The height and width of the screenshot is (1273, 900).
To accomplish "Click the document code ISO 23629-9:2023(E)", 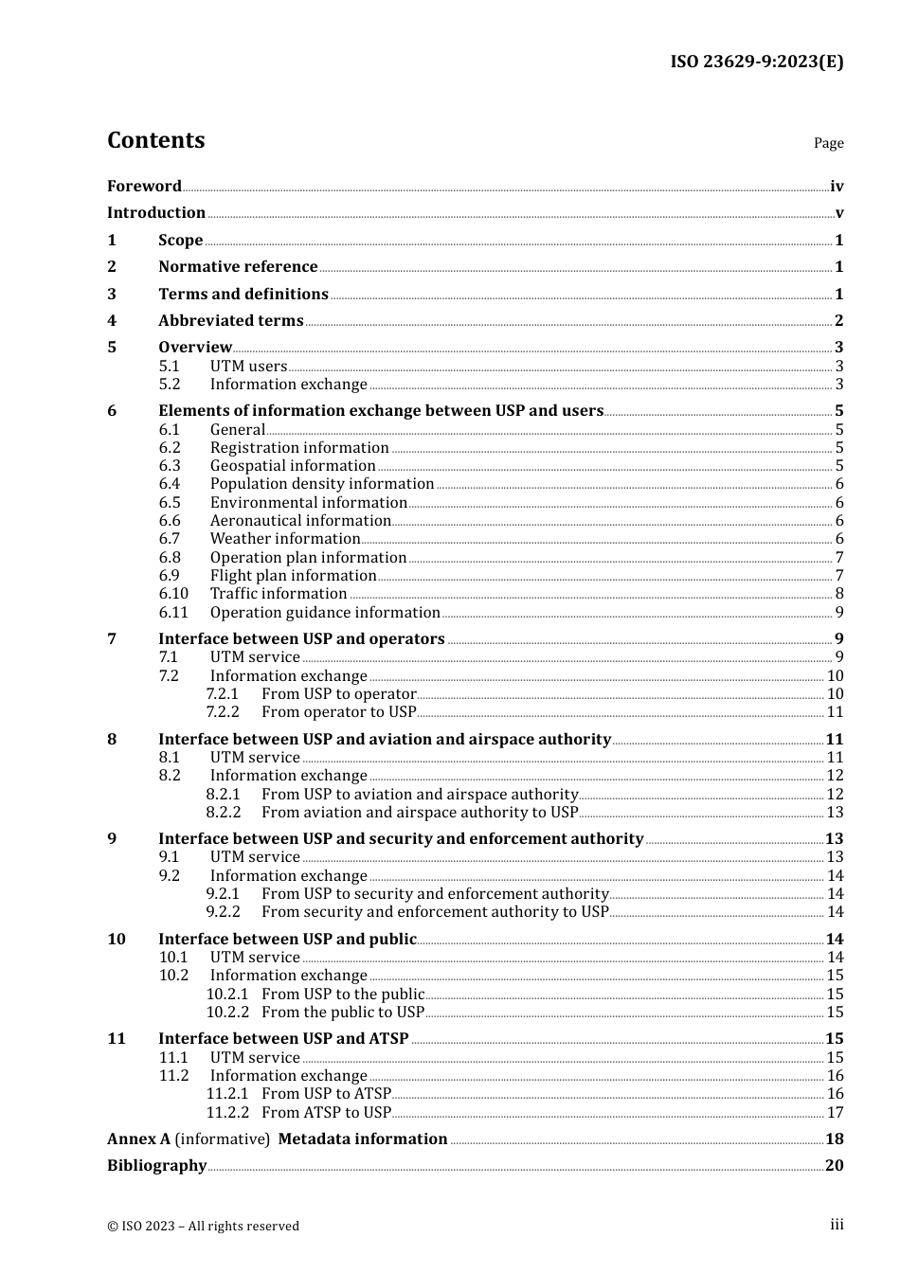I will click(x=756, y=62).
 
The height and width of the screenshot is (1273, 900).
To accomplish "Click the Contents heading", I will click(x=155, y=140).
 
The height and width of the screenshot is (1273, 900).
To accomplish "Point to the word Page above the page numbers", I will click(x=828, y=143).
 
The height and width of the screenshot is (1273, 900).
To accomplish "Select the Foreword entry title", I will click(x=144, y=187).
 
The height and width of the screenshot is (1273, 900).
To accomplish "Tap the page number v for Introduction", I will click(x=838, y=213).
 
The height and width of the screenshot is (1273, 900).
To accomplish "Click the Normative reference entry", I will click(x=238, y=267).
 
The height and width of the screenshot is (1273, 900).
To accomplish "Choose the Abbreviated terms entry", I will click(x=230, y=321).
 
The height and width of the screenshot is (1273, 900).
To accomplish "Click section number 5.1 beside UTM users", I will click(x=169, y=367).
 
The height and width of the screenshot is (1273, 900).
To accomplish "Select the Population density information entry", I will click(x=321, y=484).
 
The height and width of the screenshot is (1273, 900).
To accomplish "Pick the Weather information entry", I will click(x=285, y=539).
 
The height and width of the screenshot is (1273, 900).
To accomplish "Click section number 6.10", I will click(x=173, y=594).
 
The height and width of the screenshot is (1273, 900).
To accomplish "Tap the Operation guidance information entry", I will click(x=325, y=613).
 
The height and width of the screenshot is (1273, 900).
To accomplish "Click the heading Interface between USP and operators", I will click(x=301, y=639).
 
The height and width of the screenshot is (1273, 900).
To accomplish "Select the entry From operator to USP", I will click(x=338, y=712).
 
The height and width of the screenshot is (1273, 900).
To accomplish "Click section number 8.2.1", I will click(x=223, y=795).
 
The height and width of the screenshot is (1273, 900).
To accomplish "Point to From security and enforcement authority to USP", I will click(x=435, y=912).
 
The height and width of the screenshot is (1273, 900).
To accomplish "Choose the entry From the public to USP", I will click(x=343, y=1013).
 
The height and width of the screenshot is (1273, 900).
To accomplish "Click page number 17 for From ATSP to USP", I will click(x=835, y=1113).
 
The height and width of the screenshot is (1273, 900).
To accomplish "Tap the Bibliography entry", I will click(x=156, y=1166).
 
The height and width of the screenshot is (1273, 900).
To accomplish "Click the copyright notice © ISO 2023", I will click(x=203, y=1226).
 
